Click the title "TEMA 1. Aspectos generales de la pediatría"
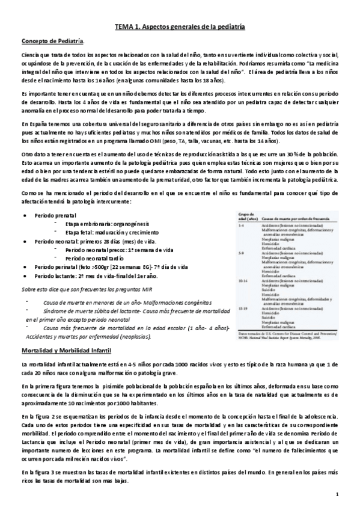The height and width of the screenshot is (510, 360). pyautogui.click(x=180, y=27)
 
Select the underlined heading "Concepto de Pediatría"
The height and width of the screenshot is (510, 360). pyautogui.click(x=52, y=41)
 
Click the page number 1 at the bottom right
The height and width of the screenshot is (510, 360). pyautogui.click(x=338, y=495)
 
